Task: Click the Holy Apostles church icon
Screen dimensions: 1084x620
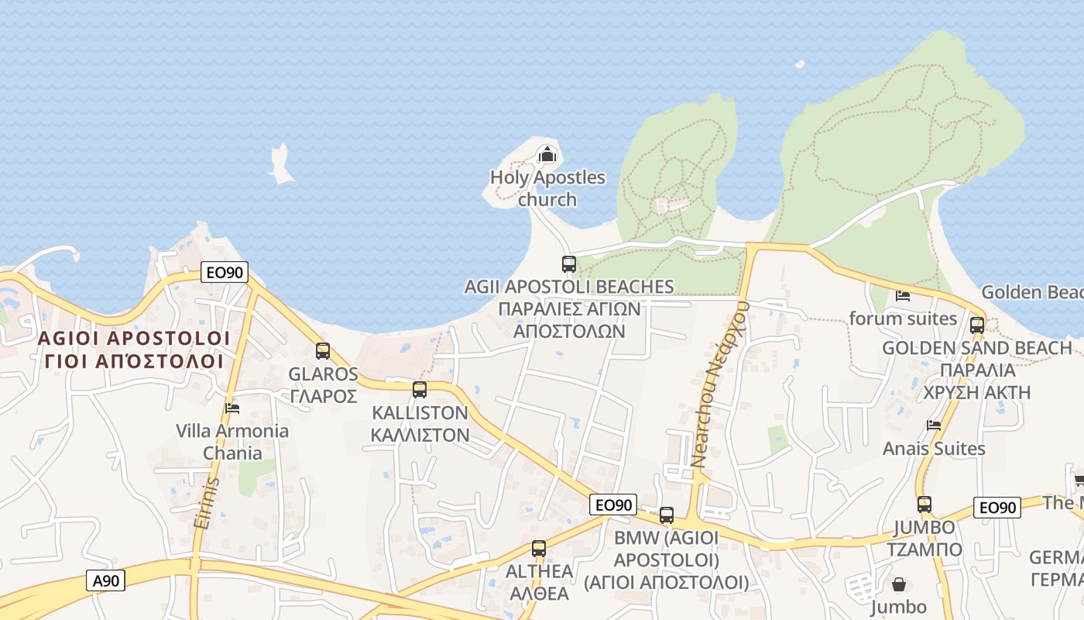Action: [547, 154]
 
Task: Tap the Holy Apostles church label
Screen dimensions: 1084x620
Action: [547, 188]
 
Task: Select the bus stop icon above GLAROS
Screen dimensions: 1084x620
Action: [323, 351]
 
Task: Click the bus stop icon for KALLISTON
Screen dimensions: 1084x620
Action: [420, 390]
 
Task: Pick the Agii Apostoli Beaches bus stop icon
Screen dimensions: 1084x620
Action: [569, 264]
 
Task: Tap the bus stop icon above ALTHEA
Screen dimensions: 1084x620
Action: [539, 549]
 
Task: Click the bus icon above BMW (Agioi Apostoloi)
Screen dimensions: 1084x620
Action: [667, 515]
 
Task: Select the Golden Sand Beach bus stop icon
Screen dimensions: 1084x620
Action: [977, 325]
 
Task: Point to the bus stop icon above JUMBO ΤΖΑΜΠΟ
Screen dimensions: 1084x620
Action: [924, 505]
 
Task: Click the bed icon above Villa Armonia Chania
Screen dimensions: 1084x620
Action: [232, 408]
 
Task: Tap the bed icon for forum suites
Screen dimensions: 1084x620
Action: [903, 295]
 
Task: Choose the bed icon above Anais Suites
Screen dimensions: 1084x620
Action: [935, 425]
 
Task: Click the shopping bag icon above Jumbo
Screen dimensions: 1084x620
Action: [899, 584]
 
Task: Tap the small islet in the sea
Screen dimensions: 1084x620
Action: [280, 164]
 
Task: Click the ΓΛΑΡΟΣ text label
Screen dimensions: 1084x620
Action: [323, 396]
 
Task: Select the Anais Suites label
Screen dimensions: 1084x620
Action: [934, 449]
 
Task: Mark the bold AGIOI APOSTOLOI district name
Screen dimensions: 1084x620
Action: [133, 339]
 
